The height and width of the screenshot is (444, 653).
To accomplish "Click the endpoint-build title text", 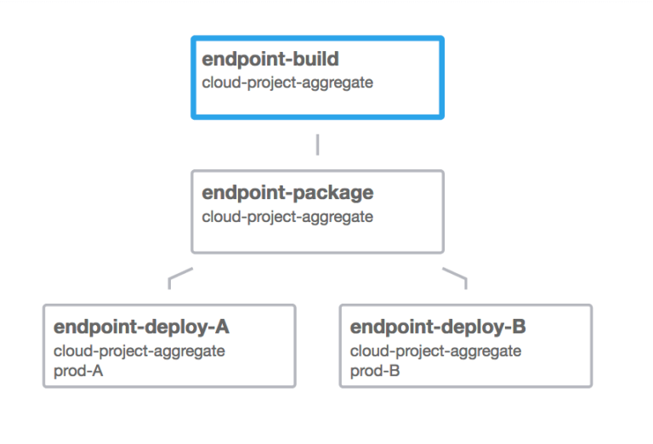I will tap(270, 60).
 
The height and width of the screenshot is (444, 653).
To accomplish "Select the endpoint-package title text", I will tap(287, 193).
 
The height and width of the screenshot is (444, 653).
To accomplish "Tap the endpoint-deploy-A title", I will tap(141, 327).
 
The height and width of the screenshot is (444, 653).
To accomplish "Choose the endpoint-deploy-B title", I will tap(438, 327).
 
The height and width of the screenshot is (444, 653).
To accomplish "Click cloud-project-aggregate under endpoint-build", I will tap(287, 83).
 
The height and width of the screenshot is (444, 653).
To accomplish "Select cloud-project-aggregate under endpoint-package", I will tap(287, 217).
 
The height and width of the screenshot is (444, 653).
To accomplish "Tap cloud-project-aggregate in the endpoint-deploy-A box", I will tap(139, 350).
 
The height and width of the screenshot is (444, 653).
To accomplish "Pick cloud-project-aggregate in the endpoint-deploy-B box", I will tap(435, 350).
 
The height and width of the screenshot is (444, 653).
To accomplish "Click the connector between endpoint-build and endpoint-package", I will tap(317, 144).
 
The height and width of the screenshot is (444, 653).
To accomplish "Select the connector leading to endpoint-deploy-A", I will tap(179, 276).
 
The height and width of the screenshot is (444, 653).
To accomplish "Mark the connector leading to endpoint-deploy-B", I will tap(456, 276).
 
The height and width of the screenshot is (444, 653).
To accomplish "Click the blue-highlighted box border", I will tap(317, 38).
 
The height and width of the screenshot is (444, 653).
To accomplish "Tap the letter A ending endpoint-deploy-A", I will tap(223, 327).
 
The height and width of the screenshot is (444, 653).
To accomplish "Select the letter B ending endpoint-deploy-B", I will tap(520, 327).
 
